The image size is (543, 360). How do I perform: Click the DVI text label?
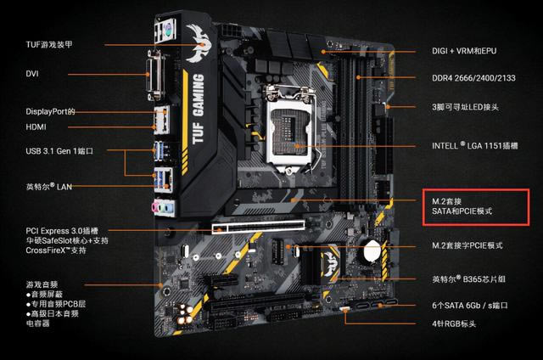[x=32, y=74]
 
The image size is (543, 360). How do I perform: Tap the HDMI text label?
[x=36, y=127]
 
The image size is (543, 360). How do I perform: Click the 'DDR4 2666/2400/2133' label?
[x=473, y=78]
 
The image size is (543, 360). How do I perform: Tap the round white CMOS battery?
[x=372, y=250]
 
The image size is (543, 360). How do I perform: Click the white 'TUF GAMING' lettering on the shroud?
[x=198, y=110]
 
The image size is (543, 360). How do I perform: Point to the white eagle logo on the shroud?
[x=198, y=43]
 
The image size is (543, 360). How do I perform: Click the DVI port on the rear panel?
[x=154, y=76]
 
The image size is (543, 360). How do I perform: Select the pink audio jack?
[x=154, y=208]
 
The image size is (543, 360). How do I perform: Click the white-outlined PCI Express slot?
[x=258, y=227]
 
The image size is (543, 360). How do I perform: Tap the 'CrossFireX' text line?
[x=56, y=250]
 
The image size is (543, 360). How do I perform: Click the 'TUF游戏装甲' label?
[x=49, y=44]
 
